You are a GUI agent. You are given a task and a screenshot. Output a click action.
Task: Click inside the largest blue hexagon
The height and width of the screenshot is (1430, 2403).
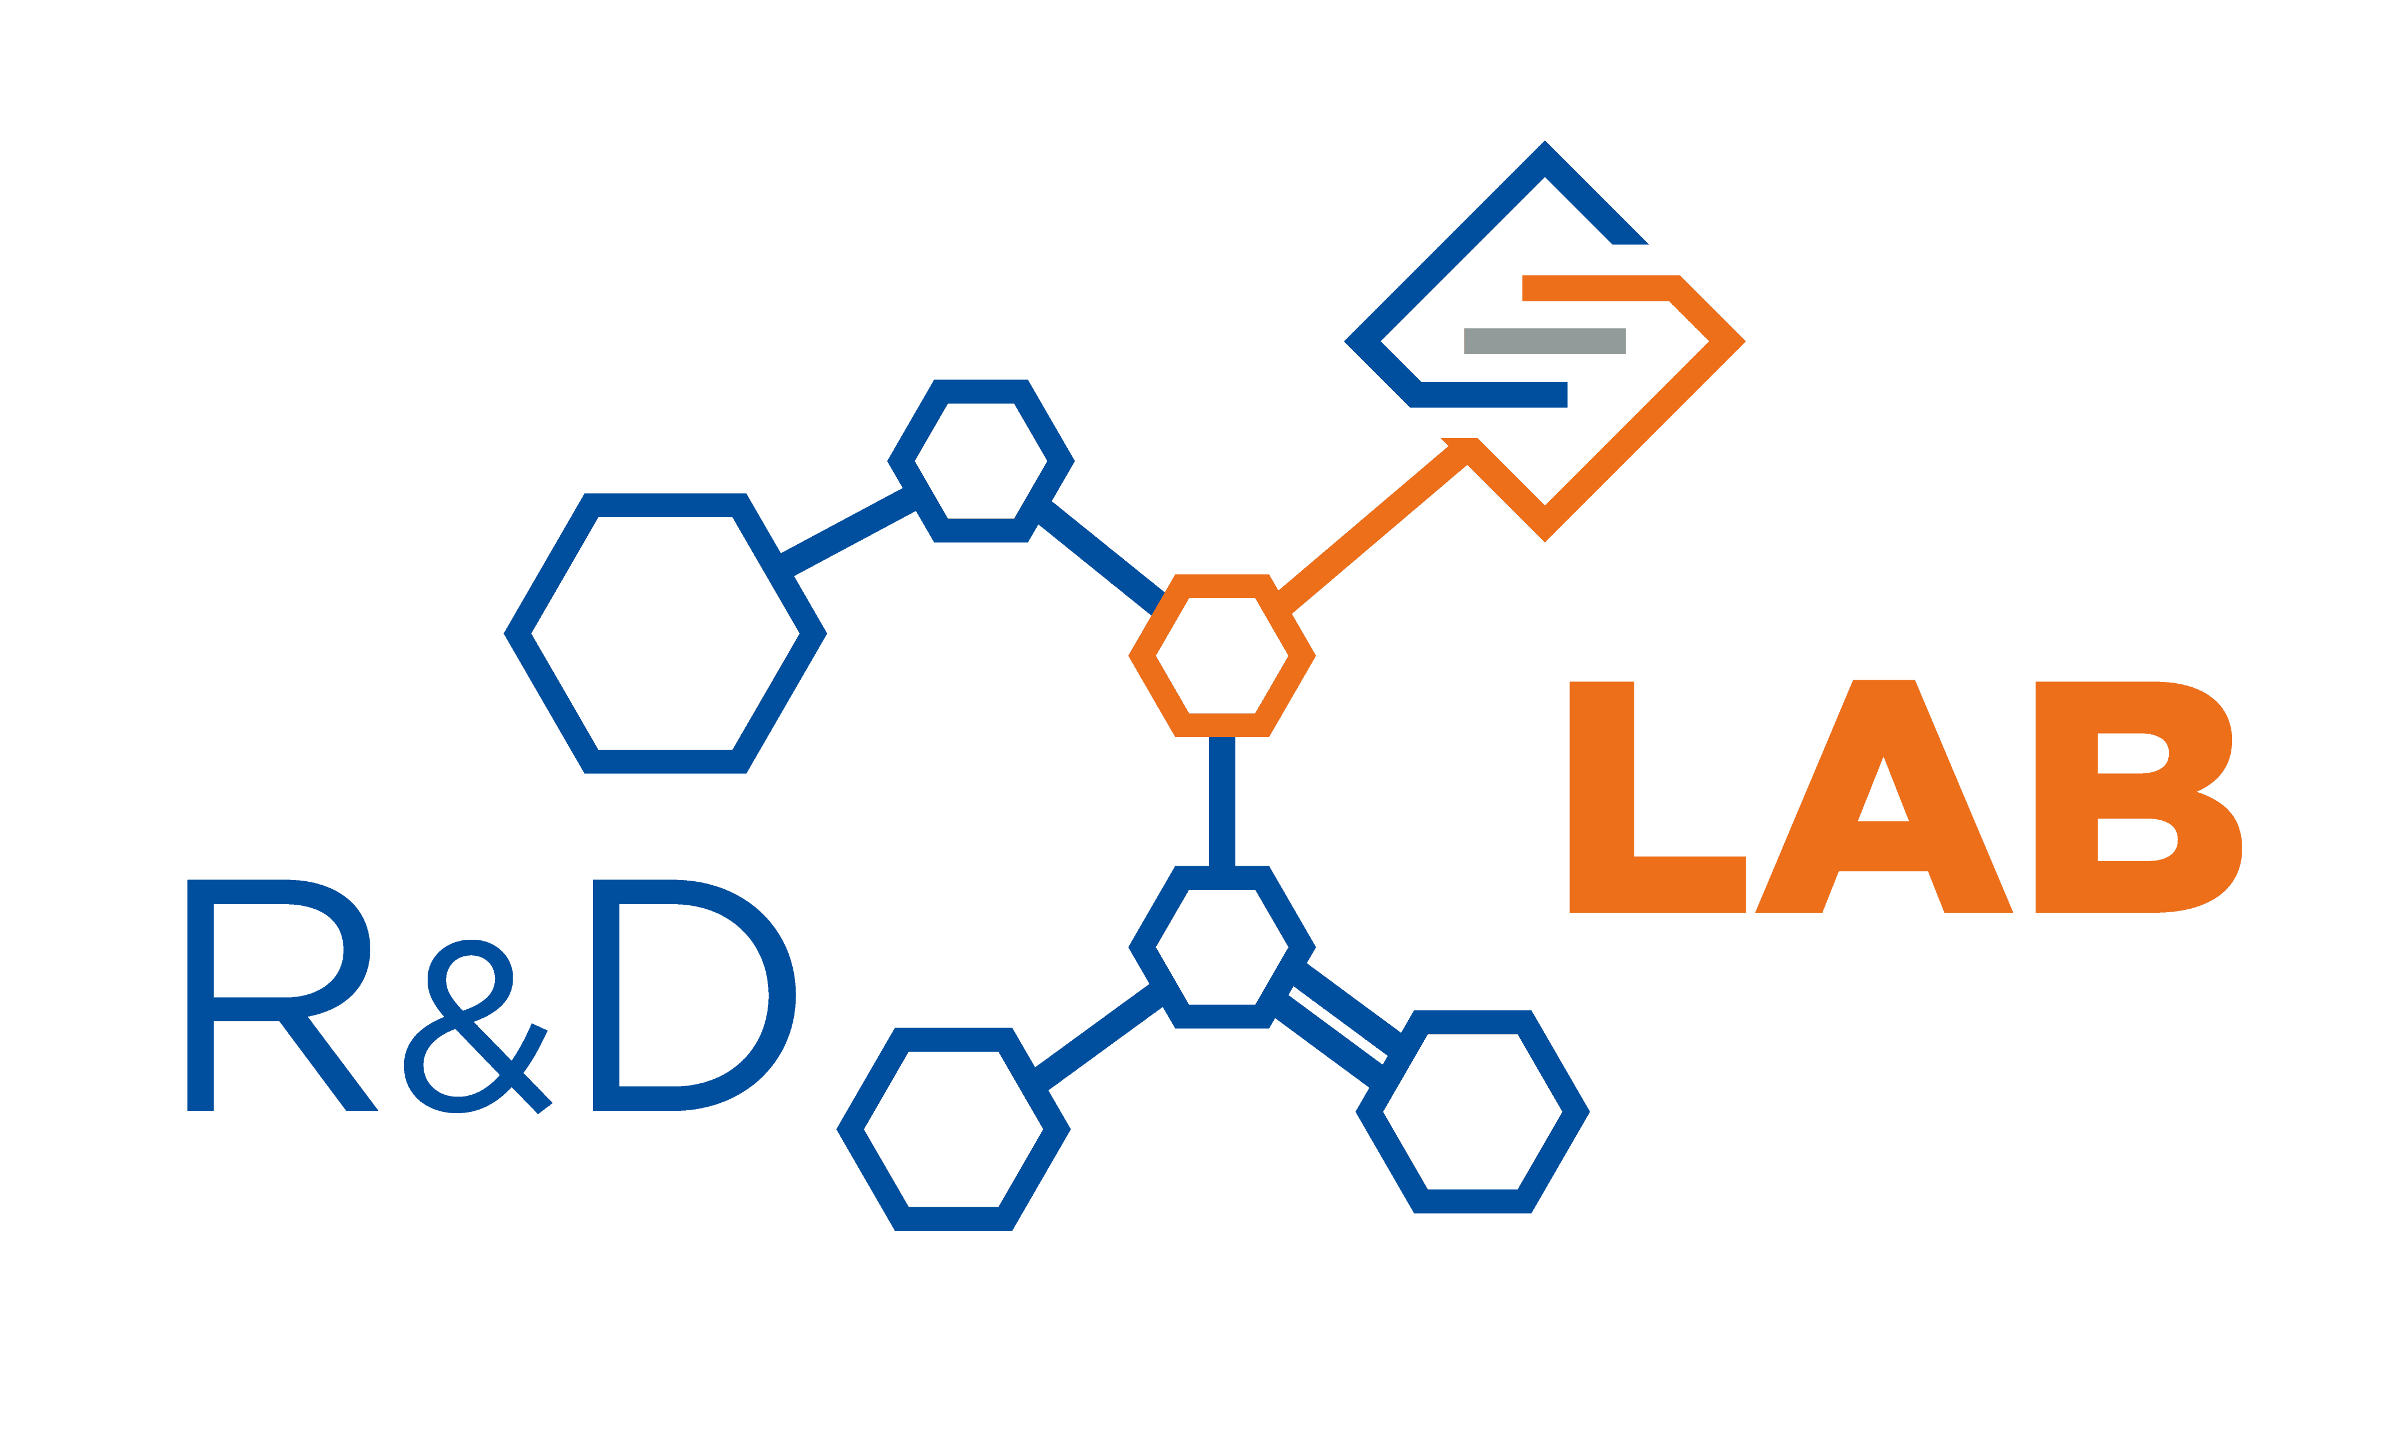pos(665,633)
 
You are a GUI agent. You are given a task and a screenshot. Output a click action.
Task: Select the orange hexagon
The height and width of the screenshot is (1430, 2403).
pos(1222,656)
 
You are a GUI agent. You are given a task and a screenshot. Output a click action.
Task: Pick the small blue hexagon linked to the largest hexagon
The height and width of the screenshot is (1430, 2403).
pos(981,462)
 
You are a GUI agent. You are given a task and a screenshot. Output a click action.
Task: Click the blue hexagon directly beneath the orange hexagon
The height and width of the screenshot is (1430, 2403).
pos(1222,947)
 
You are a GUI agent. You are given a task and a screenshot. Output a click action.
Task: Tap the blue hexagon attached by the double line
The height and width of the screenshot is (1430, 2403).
pos(1472,1112)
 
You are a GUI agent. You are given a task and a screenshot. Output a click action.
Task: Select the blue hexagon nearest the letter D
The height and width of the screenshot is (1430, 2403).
pos(953,1129)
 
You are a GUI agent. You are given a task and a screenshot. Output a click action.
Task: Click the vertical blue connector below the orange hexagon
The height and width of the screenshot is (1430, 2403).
pos(1222,802)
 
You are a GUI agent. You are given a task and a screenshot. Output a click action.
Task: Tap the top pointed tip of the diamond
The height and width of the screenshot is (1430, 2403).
pos(1545,142)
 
